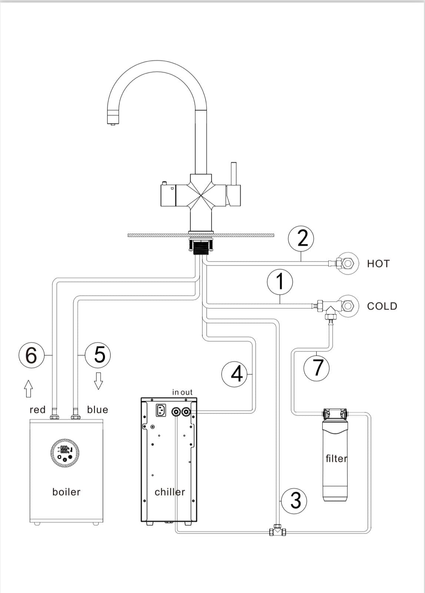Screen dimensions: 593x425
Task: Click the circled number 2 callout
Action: [301, 238]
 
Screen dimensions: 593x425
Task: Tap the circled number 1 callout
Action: [280, 282]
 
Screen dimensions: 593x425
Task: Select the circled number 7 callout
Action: [316, 368]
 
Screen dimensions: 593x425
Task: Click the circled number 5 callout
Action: [98, 355]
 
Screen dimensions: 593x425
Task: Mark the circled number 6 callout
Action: [31, 355]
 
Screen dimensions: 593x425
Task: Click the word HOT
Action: [378, 264]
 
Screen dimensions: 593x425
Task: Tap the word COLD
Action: [382, 306]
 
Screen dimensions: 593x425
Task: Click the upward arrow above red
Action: [28, 388]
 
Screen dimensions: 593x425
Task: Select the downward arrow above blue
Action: [98, 381]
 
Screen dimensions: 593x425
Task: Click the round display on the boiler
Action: [65, 453]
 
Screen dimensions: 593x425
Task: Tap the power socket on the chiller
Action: [160, 410]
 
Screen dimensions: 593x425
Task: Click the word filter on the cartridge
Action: [336, 459]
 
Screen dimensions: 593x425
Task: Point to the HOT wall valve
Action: [347, 264]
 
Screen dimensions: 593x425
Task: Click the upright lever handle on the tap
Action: [233, 174]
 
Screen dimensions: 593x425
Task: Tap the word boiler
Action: [66, 492]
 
